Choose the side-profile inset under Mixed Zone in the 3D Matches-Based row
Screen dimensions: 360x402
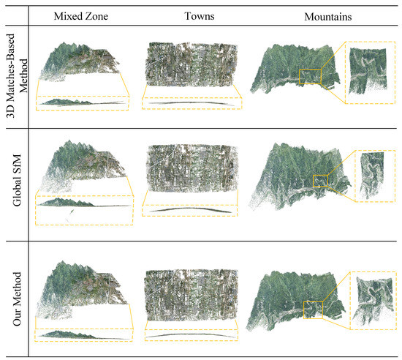[x=82, y=103]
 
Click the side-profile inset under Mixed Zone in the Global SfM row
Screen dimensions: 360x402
[x=83, y=209]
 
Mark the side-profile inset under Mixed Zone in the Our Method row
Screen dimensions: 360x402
[x=82, y=335]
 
